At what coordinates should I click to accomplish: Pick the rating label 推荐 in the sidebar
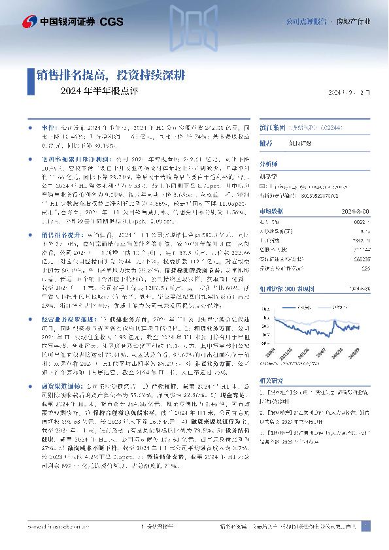click(x=284, y=144)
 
